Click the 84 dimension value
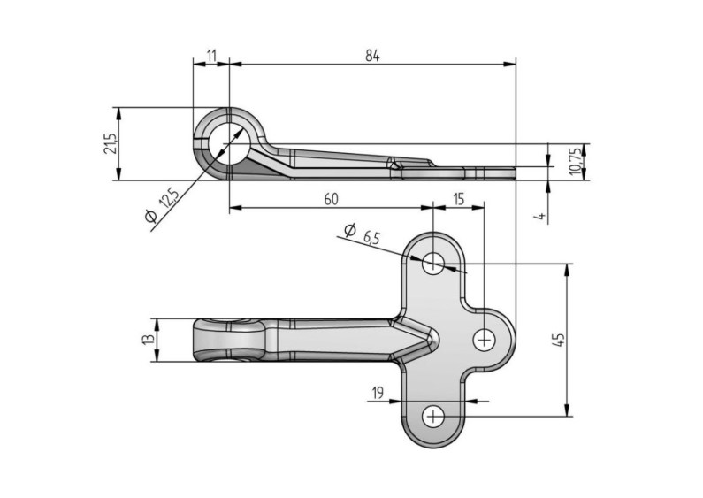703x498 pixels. point(371,56)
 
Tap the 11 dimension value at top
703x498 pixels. point(211,56)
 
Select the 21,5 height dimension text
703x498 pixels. point(109,144)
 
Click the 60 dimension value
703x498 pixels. point(330,200)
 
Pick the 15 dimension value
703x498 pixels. point(457,200)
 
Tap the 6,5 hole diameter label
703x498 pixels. point(371,237)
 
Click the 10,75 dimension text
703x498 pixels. point(574,161)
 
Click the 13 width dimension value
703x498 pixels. point(149,339)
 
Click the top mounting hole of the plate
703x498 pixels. point(433,262)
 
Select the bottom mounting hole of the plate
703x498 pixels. point(433,415)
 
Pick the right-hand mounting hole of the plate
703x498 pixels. point(485,338)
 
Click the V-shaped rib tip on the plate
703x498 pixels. point(431,338)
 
